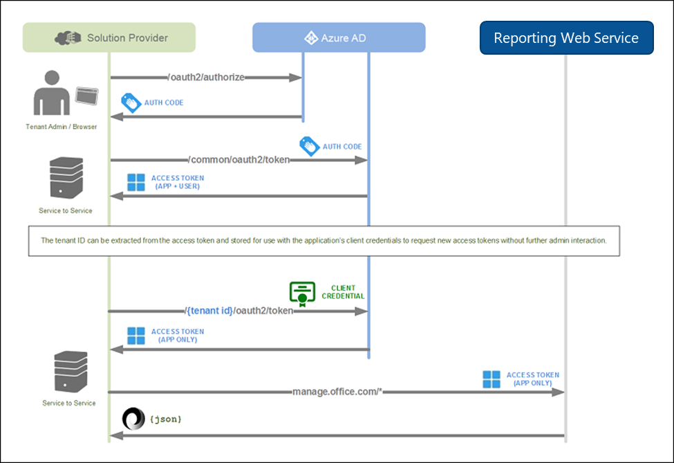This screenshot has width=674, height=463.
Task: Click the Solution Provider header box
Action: coord(109,37)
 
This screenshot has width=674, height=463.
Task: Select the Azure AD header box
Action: coord(339,37)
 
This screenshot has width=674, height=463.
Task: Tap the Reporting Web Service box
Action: coord(566,37)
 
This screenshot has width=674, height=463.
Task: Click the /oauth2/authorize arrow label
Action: coord(206,78)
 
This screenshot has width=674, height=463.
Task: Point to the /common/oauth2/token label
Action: coord(239,160)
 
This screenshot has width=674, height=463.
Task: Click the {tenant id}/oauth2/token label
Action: coord(239,311)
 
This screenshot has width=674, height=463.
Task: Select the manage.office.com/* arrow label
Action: coord(337,392)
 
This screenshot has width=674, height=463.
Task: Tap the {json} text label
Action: coord(165,419)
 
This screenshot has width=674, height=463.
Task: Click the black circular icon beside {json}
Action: coord(133,419)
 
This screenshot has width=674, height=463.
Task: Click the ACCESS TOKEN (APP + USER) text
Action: coord(177,182)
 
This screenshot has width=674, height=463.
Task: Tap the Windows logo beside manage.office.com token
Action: coord(492,379)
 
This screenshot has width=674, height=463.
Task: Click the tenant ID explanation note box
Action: coord(324,241)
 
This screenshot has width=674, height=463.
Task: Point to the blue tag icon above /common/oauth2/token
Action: coord(308,146)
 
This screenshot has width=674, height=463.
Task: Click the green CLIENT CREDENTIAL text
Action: coord(343,291)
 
